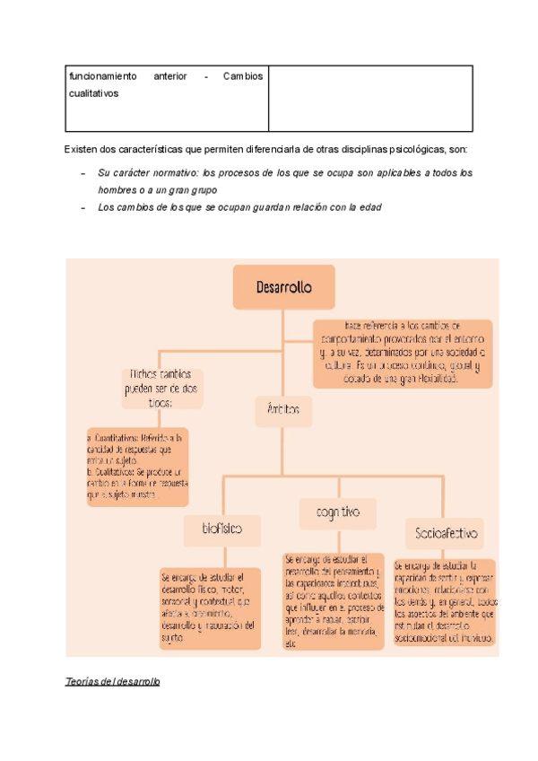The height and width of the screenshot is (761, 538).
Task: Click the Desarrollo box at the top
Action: pyautogui.click(x=283, y=287)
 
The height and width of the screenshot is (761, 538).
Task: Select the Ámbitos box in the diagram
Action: pyautogui.click(x=282, y=413)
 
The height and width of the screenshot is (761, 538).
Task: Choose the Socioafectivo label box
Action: pyautogui.click(x=445, y=533)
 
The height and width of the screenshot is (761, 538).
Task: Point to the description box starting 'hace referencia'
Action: pyautogui.click(x=402, y=353)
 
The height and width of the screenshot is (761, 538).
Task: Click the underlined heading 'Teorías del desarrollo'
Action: pyautogui.click(x=112, y=682)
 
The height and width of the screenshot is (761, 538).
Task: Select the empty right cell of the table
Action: pyautogui.click(x=369, y=98)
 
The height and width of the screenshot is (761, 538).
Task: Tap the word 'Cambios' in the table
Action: pyautogui.click(x=242, y=76)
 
